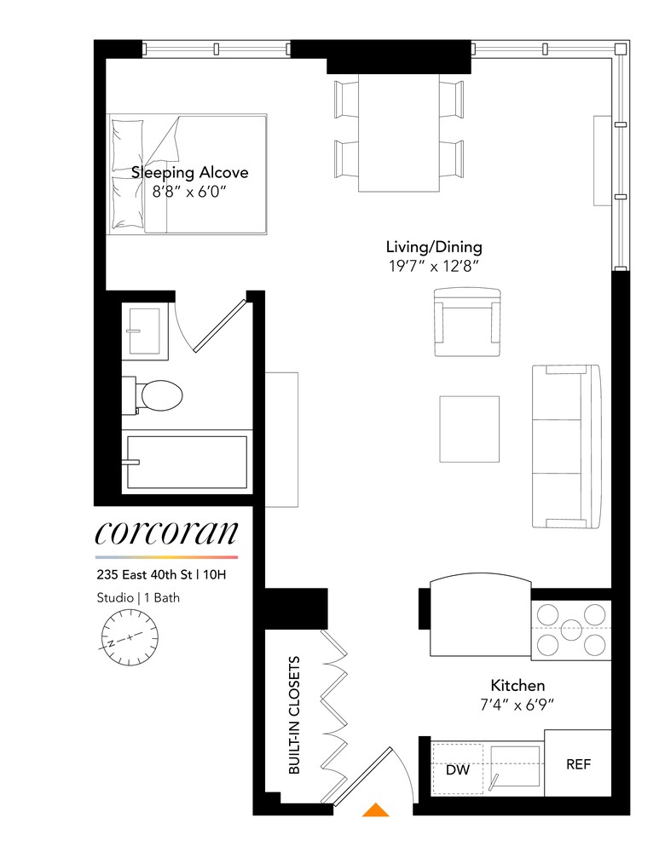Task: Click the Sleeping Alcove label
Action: coord(189,173)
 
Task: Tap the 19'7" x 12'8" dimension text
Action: coord(433,267)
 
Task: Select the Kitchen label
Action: coord(517,685)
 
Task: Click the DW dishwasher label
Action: coord(457,769)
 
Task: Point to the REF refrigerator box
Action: coord(578,764)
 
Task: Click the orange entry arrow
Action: coord(375,809)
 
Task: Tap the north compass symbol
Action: coord(130,638)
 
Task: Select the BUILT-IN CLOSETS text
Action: coord(293,714)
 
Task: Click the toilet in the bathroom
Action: coord(155,396)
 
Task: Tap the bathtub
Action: coord(188,462)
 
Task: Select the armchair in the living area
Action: coord(466,322)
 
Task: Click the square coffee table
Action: coord(470,428)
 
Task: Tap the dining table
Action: coord(399,133)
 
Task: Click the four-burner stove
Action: coord(571,630)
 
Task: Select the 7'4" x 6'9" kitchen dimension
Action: coord(517,705)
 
